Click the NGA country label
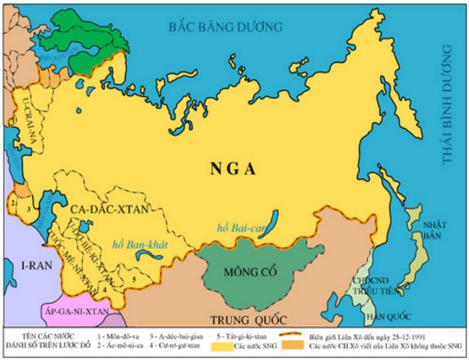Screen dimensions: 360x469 click(233, 170)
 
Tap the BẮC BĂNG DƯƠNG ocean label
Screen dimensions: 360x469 click(226, 27)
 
